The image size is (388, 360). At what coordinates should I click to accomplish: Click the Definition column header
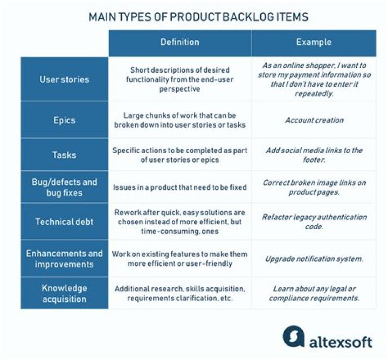click(x=180, y=42)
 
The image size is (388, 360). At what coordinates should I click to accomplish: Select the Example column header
click(x=314, y=42)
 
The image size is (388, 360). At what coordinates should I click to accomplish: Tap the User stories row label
click(x=64, y=79)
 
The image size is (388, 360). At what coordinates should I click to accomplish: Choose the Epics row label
click(x=64, y=120)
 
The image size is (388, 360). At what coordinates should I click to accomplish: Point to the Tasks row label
click(x=64, y=155)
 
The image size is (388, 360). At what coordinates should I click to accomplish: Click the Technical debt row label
click(x=64, y=221)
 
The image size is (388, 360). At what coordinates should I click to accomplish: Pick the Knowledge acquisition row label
click(x=64, y=294)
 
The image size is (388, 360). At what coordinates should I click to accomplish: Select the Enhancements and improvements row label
click(x=64, y=259)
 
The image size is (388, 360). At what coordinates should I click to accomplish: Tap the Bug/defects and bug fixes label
click(x=64, y=188)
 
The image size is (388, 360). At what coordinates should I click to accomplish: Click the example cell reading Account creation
click(x=314, y=120)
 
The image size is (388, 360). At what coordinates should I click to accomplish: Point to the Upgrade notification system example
click(x=314, y=259)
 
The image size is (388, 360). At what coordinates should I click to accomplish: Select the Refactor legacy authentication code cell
click(x=314, y=221)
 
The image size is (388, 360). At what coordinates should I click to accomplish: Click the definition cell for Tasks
click(x=180, y=155)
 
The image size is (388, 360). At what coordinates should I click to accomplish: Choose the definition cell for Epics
click(x=180, y=120)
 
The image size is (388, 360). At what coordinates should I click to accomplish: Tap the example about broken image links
click(x=314, y=188)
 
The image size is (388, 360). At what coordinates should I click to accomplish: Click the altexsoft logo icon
click(x=294, y=336)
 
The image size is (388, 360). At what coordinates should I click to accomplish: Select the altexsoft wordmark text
click(x=341, y=342)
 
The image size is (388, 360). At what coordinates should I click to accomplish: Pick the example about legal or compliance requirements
click(x=314, y=294)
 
